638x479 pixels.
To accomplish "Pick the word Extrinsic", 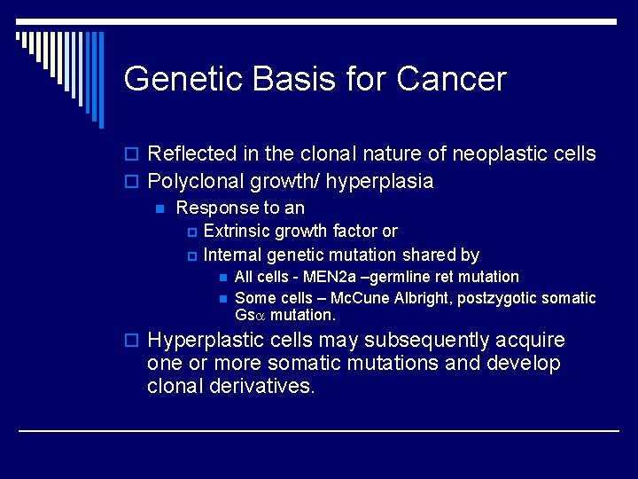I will (237, 231).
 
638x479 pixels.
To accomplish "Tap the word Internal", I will (233, 255).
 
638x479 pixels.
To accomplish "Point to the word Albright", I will (421, 299).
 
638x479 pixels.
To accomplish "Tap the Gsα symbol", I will (250, 316).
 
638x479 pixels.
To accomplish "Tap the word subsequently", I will (415, 341).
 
